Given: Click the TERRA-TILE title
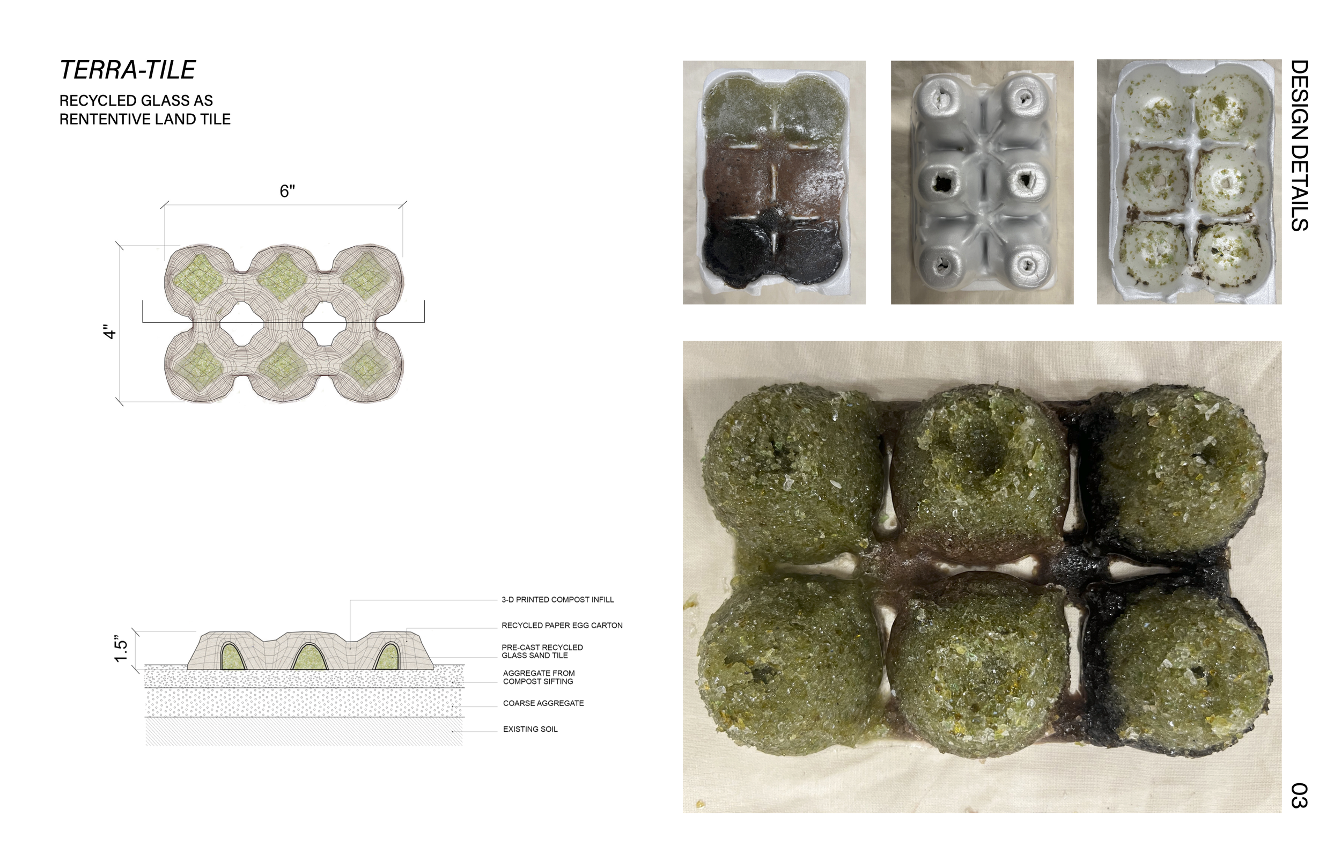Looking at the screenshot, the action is coord(127,70).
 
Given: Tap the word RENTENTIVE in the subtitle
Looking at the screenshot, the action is coord(102,120).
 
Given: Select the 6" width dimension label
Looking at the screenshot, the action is coord(288,191).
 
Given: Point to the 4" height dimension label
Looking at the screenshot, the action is coord(109,332).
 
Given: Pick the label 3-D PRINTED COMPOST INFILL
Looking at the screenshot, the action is coord(557,600).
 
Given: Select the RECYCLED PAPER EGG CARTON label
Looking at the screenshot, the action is coord(562,625).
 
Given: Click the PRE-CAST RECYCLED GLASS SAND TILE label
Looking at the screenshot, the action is coord(542,651).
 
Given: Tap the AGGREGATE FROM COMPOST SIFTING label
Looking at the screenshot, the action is coord(539,677).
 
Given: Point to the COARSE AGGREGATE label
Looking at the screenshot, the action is coord(543,703).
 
